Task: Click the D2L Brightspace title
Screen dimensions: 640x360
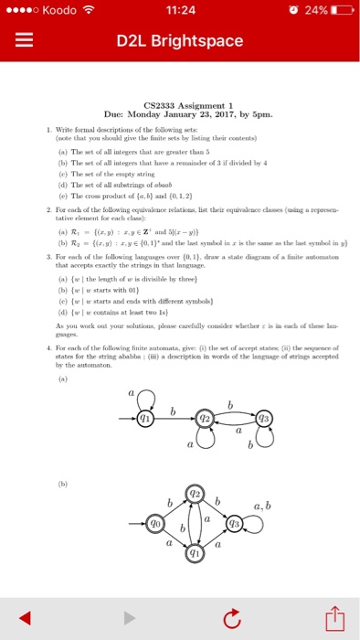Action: coord(179,42)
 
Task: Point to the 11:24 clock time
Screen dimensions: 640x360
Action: coord(179,10)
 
